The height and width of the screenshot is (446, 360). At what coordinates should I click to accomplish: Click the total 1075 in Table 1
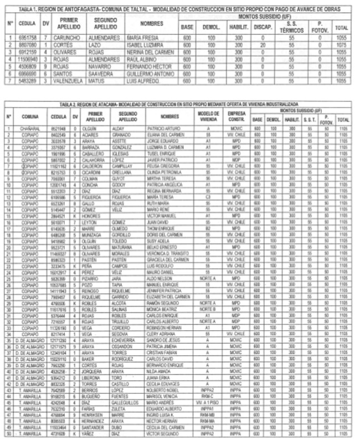pyautogui.click(x=342, y=44)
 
